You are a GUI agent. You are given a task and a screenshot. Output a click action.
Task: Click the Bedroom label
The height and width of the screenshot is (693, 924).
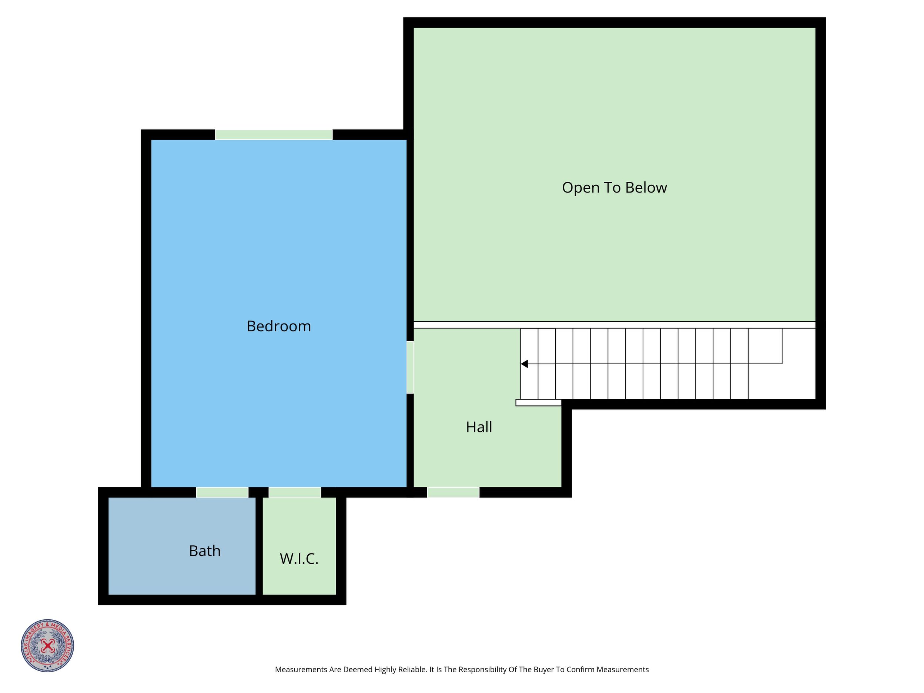279,326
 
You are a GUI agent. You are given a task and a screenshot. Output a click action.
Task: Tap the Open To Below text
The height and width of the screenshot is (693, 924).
615,188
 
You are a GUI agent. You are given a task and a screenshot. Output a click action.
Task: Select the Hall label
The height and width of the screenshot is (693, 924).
479,427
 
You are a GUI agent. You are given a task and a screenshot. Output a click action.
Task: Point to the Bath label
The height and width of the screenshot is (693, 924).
205,551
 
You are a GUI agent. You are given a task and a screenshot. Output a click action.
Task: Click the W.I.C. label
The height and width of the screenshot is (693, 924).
299,559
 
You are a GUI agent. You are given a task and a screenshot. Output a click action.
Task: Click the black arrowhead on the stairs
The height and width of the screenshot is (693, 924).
525,364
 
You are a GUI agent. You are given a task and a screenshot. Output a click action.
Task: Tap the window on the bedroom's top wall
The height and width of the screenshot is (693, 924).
274,134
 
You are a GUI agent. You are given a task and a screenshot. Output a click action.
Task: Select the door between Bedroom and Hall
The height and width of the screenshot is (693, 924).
410,367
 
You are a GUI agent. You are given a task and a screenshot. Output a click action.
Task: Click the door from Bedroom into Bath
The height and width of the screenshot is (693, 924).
222,492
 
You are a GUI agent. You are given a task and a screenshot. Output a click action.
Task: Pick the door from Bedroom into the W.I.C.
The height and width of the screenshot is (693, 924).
295,492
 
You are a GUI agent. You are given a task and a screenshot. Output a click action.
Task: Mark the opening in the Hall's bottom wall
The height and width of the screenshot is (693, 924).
453,492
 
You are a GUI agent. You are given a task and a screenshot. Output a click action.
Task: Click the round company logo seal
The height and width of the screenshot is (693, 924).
48,646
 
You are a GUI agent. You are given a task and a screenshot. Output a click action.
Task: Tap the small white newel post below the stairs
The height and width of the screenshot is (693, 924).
538,403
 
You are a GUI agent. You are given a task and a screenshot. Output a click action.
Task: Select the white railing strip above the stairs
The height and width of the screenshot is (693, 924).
615,325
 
